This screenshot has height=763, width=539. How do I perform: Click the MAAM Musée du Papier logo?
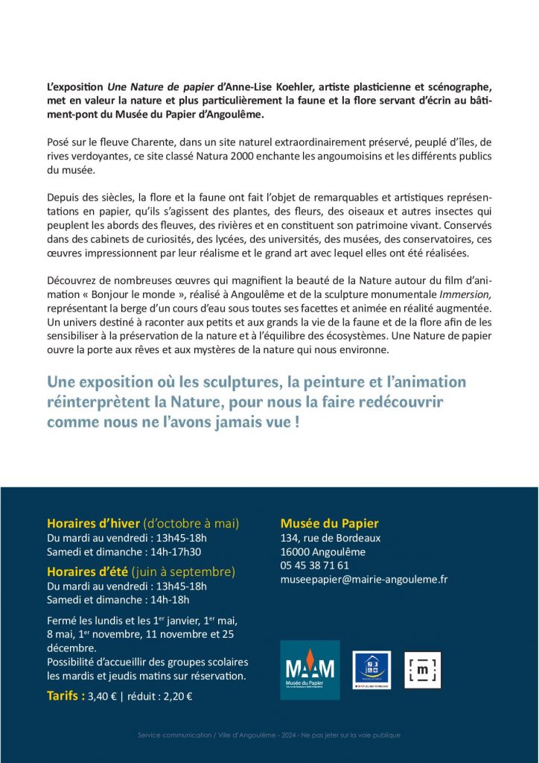pyautogui.click(x=310, y=669)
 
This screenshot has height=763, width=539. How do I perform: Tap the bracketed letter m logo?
pyautogui.click(x=422, y=669)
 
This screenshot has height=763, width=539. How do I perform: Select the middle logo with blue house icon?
pyautogui.click(x=371, y=669)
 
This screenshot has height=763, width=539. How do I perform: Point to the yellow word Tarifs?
pyautogui.click(x=65, y=697)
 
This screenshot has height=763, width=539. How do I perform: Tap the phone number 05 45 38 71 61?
pyautogui.click(x=314, y=565)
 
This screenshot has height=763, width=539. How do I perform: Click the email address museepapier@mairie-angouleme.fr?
pyautogui.click(x=363, y=579)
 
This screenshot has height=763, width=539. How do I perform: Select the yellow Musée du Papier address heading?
pyautogui.click(x=329, y=523)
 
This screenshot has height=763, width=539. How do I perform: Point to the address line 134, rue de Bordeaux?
pyautogui.click(x=330, y=538)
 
